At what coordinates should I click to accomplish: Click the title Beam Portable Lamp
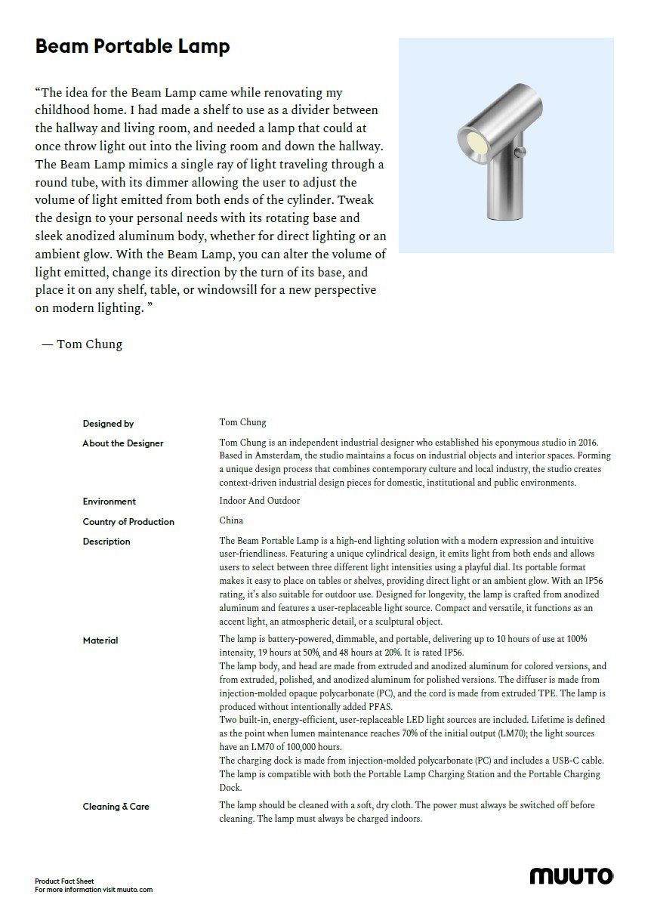click(x=132, y=47)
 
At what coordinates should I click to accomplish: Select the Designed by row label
click(x=108, y=424)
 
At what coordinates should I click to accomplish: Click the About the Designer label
click(x=123, y=443)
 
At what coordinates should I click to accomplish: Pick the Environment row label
click(x=110, y=502)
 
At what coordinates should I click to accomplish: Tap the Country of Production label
click(x=128, y=522)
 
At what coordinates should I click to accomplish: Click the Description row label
click(x=106, y=542)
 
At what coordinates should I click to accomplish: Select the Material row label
click(x=100, y=641)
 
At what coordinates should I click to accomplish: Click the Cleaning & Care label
click(x=116, y=807)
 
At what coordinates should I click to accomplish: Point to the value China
click(x=231, y=521)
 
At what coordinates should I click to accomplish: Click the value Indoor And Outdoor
click(x=259, y=501)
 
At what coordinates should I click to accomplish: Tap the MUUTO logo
click(x=571, y=876)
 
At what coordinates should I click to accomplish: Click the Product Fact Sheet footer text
click(x=64, y=881)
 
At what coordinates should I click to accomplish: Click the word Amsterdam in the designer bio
click(x=276, y=455)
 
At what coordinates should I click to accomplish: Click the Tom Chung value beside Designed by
click(x=242, y=422)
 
